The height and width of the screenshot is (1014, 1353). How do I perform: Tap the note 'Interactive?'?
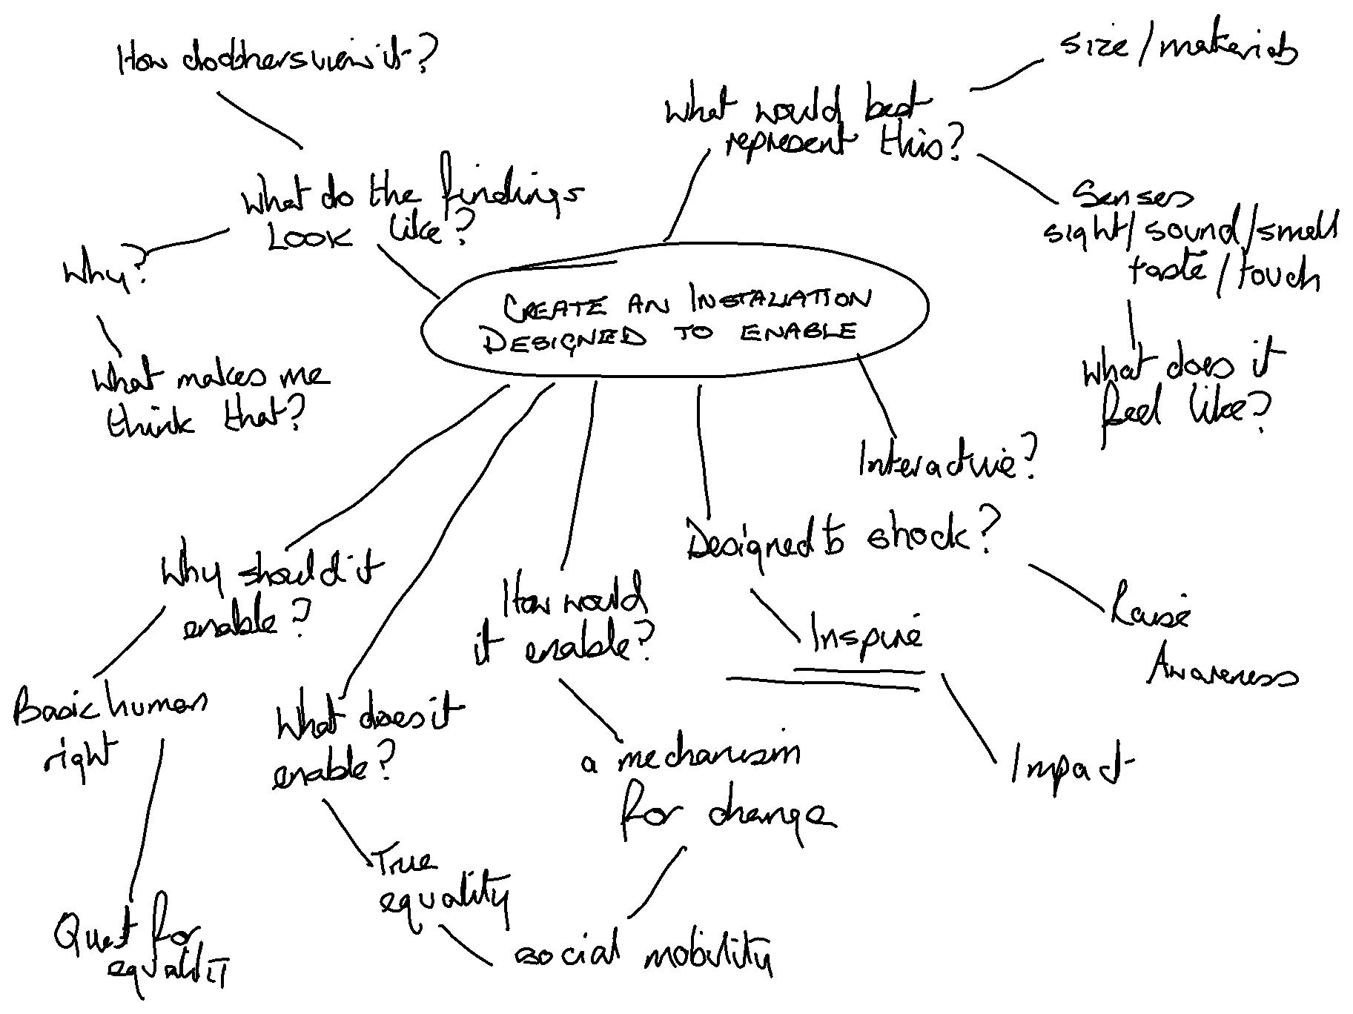click(947, 460)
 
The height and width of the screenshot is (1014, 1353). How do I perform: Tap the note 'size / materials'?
click(1178, 49)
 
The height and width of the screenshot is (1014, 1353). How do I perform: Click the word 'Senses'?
click(1133, 196)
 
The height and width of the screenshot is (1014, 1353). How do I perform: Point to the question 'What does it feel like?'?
click(1182, 393)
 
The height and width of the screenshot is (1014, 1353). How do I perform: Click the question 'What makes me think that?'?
click(208, 400)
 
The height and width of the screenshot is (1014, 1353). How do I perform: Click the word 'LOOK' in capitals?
click(308, 237)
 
